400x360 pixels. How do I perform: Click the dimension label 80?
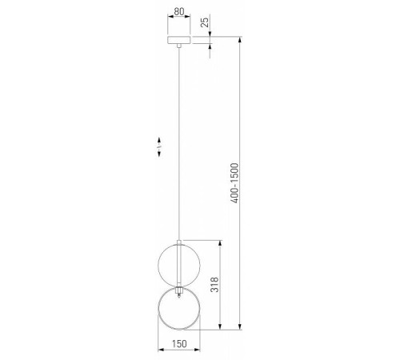point(179,12)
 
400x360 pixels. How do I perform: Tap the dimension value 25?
point(205,22)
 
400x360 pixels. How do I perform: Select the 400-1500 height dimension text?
point(234,183)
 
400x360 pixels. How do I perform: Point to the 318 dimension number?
point(214,285)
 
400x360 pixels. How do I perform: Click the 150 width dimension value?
point(179,344)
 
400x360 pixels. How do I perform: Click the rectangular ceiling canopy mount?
point(179,40)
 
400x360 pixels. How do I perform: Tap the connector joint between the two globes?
point(179,290)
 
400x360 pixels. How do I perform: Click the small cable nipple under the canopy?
point(179,46)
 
